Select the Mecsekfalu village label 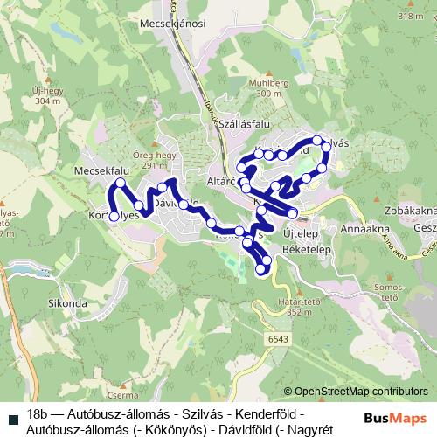coord(102,171)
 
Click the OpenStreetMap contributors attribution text coord(360,391)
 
